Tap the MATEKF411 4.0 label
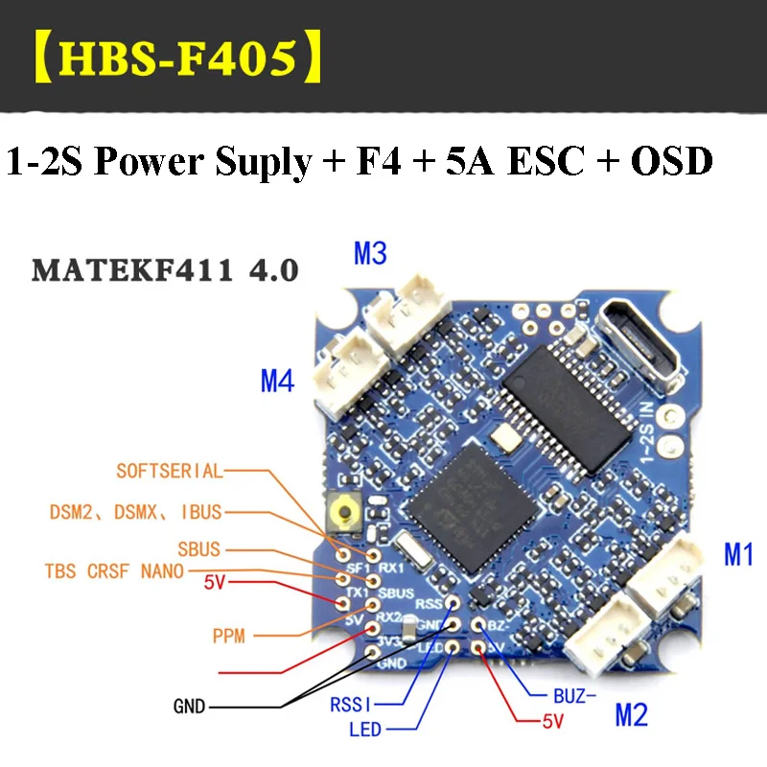[x=165, y=269]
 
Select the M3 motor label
[x=370, y=254]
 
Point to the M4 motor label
[x=277, y=383]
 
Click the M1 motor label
[x=738, y=554]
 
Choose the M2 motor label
[x=630, y=713]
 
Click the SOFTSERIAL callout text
[x=169, y=471]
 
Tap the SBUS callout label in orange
[x=198, y=550]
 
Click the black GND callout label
[x=189, y=707]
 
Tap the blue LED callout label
[x=364, y=731]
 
